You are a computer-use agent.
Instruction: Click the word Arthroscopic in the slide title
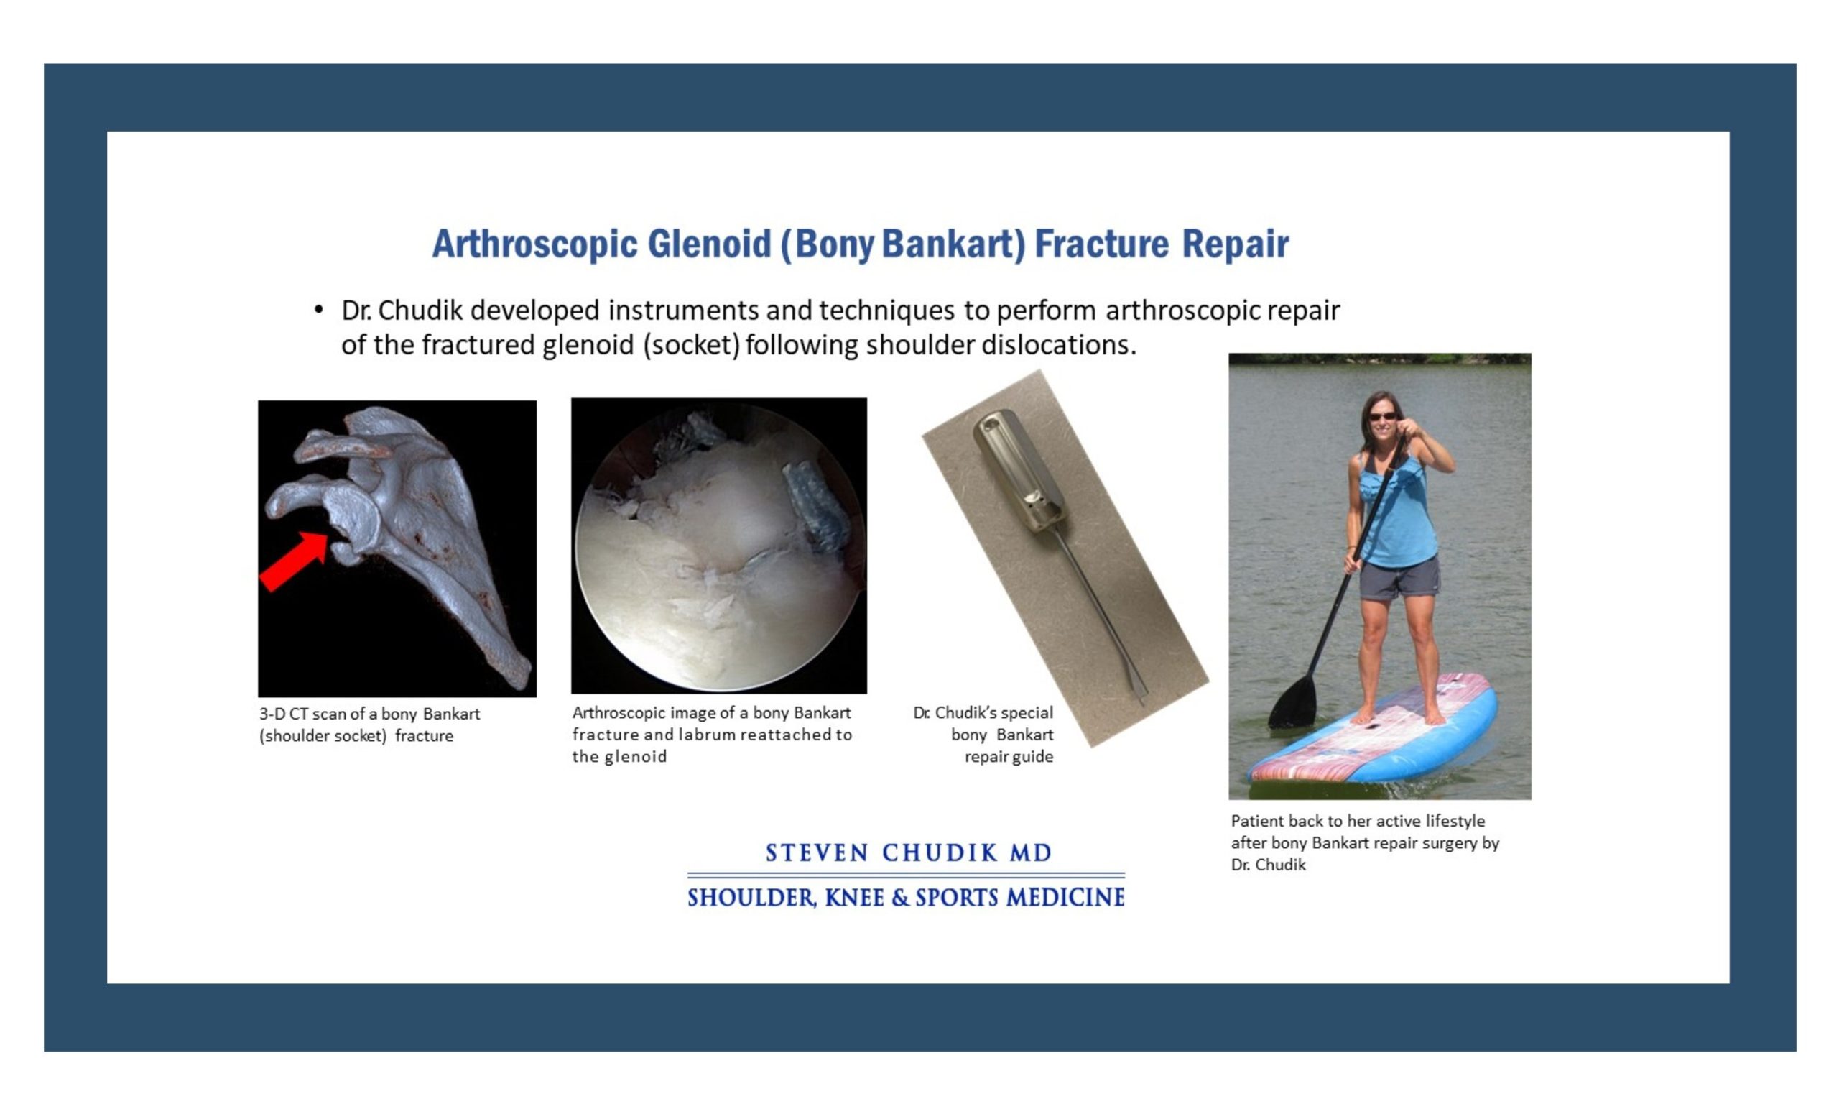[535, 244]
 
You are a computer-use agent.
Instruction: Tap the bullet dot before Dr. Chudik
[319, 309]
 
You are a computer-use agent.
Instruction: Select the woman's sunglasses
[1382, 416]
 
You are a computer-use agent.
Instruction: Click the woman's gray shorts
[1399, 579]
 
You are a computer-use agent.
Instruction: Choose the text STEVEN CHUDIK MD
[908, 852]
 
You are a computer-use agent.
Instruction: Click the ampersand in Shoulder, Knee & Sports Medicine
[900, 898]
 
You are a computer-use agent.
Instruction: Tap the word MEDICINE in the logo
[1065, 898]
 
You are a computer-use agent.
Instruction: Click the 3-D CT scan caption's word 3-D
[272, 714]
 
